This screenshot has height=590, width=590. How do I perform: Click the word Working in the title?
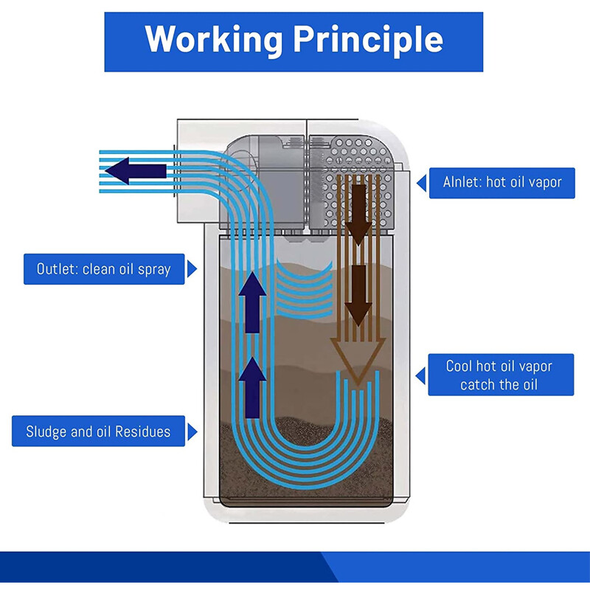213,41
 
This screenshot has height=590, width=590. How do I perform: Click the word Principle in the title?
368,41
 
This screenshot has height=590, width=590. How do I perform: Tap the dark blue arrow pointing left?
136,171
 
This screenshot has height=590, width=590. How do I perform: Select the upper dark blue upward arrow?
252,302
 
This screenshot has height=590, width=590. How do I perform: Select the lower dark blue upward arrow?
252,388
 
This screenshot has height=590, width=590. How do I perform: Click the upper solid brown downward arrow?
359,215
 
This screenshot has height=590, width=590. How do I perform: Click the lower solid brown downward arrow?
359,296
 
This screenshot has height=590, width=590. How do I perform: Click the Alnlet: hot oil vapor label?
502,183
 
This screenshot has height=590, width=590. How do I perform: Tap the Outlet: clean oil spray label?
104,269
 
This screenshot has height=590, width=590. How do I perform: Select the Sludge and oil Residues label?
98,431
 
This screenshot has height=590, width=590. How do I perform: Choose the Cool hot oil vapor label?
501,375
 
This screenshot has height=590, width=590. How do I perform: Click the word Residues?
142,431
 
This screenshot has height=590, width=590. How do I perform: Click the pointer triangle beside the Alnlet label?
421,183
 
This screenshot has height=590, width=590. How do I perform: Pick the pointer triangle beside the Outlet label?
192,269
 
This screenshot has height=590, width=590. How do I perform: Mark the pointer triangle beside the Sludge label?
192,431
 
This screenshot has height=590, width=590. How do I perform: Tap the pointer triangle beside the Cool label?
420,375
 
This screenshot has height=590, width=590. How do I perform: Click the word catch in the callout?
476,385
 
